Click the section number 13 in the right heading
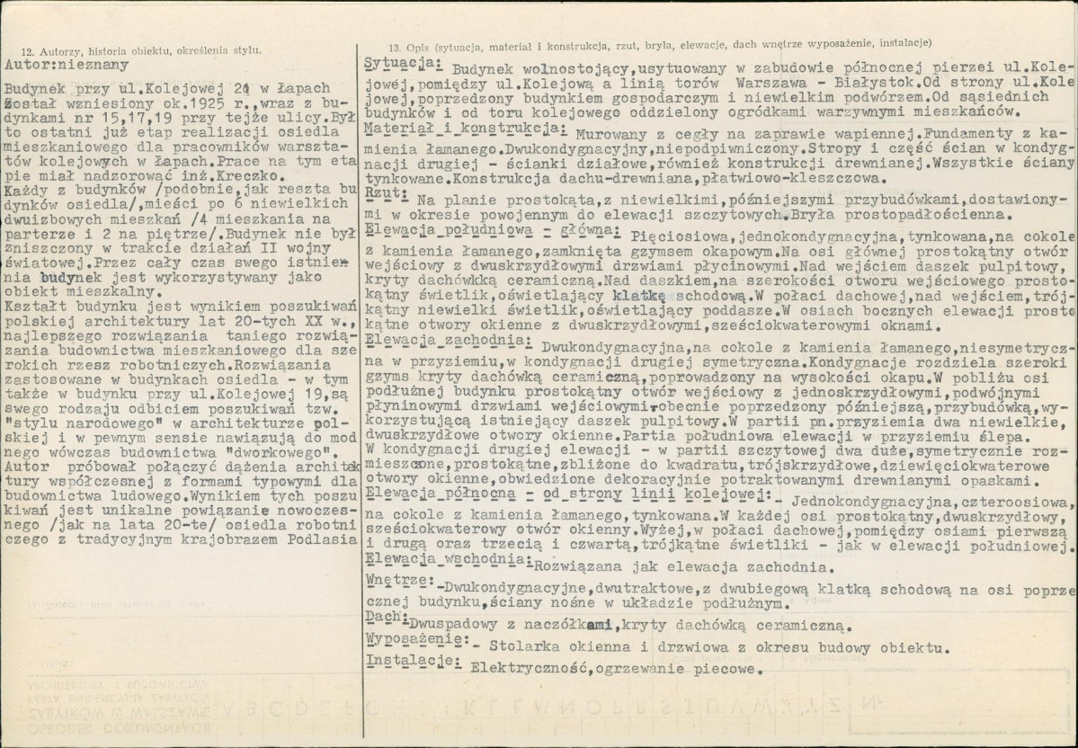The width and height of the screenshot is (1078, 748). (395, 44)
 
